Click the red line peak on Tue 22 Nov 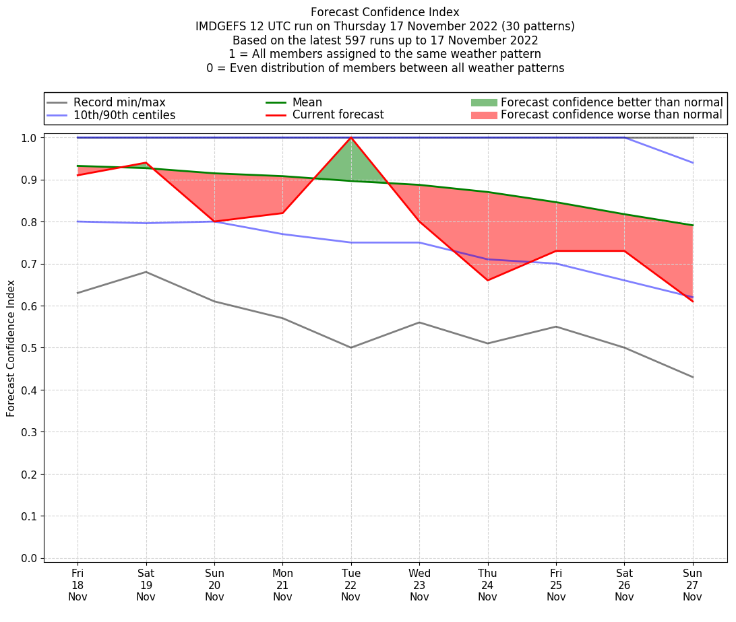(x=351, y=137)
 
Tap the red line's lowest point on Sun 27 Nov (x=693, y=302)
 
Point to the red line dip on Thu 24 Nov (x=488, y=280)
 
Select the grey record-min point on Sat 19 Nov (x=146, y=272)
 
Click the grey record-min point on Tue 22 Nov (x=351, y=347)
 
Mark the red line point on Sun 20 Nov (x=214, y=221)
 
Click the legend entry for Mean (x=307, y=102)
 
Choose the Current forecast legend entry (x=338, y=115)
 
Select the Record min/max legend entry (x=119, y=102)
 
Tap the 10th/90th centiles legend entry (x=124, y=115)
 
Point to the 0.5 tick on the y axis (x=30, y=348)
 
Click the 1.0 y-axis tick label (x=30, y=137)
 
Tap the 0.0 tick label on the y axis (x=30, y=558)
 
